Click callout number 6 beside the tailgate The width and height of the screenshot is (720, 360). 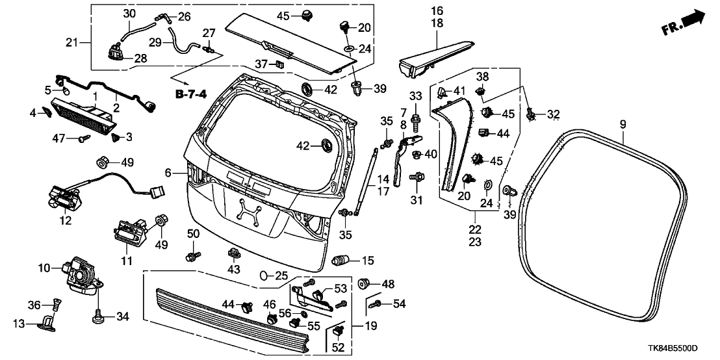click(168, 173)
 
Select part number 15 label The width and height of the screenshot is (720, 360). click(368, 261)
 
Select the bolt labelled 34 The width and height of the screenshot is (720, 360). click(98, 318)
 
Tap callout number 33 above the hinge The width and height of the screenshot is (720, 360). click(416, 97)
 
